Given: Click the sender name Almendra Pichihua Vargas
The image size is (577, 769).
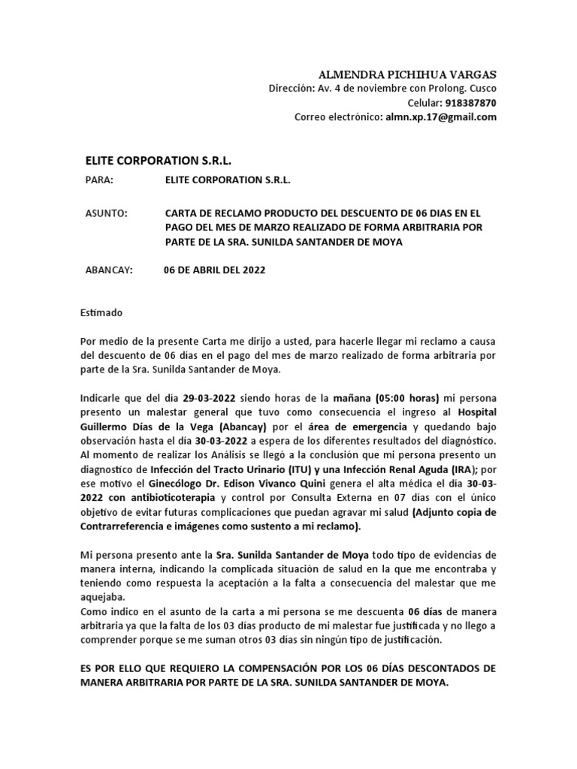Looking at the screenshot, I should click(x=408, y=75).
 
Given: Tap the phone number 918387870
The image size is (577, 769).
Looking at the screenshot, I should click(x=471, y=103).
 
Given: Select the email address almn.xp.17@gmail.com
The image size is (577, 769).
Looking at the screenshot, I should click(x=441, y=117).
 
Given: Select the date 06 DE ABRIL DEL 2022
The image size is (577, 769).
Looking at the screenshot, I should click(x=214, y=270).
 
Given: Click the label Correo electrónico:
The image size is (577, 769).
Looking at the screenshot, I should click(x=338, y=117).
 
